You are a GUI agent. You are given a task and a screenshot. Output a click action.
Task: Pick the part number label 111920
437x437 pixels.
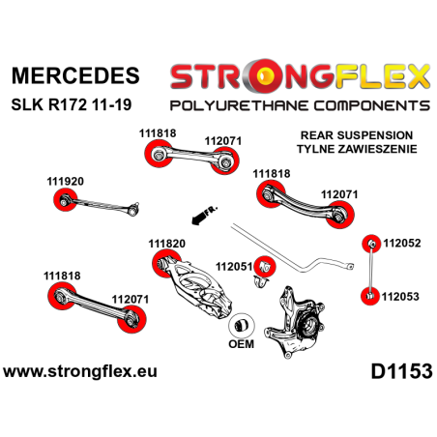[66, 181]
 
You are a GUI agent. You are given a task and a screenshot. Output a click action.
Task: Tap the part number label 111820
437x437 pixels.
[168, 244]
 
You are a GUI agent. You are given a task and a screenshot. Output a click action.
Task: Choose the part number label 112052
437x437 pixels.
[403, 244]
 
